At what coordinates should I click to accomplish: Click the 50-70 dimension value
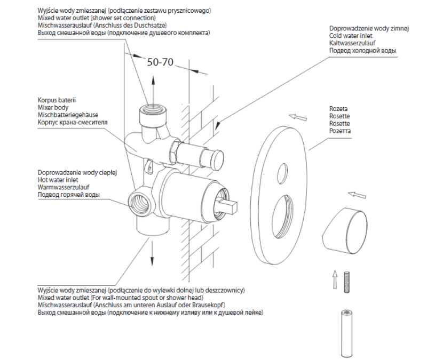pos(160,61)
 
